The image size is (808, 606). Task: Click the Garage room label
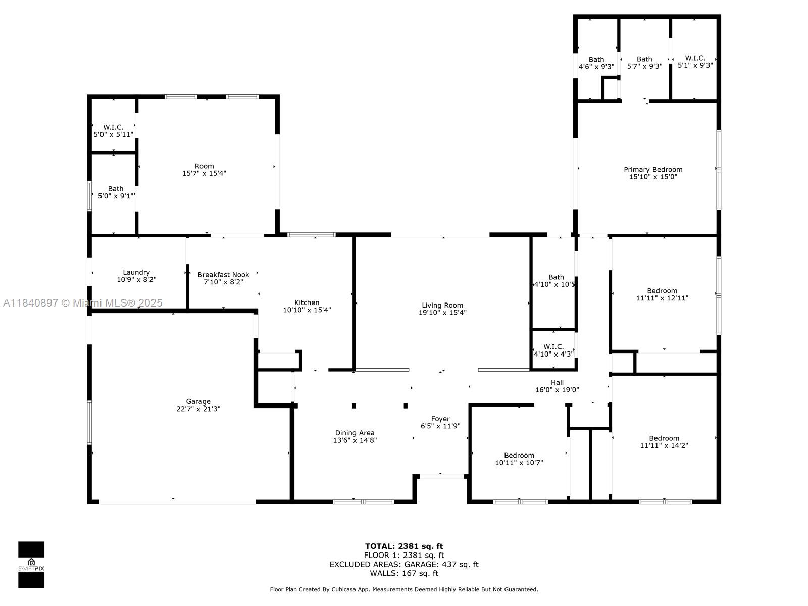click(x=198, y=401)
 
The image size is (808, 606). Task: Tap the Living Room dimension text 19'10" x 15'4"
click(x=442, y=313)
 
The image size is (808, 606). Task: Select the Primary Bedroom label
click(x=652, y=170)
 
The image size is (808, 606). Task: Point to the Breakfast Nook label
click(x=223, y=275)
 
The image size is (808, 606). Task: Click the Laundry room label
click(x=136, y=272)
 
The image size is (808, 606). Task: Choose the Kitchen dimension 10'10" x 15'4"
click(x=307, y=310)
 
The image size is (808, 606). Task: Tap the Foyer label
click(x=440, y=419)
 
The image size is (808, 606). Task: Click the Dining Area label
click(x=355, y=433)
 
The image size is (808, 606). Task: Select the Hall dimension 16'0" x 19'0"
click(x=557, y=390)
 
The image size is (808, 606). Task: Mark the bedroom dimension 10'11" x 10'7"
click(x=519, y=463)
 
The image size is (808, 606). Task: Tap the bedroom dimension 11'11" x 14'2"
click(x=664, y=445)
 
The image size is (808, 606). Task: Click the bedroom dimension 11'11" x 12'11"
click(x=662, y=298)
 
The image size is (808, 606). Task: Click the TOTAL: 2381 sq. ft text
click(x=404, y=546)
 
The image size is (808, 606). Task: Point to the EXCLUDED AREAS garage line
click(x=404, y=564)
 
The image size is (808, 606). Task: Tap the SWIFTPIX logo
click(x=31, y=565)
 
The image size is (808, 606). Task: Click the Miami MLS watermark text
click(x=82, y=303)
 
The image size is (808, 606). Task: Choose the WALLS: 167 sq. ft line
click(x=404, y=573)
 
